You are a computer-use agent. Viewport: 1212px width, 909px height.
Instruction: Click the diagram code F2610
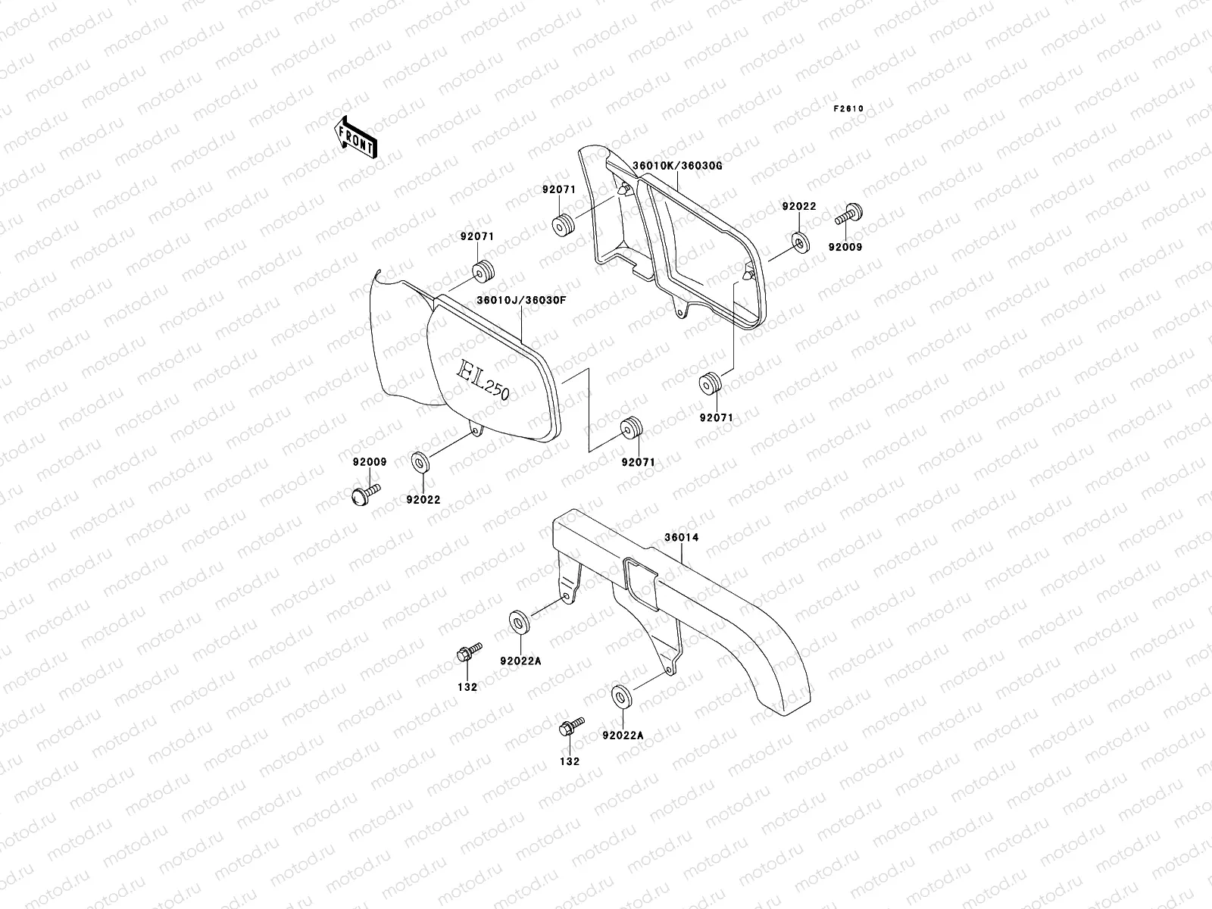click(848, 108)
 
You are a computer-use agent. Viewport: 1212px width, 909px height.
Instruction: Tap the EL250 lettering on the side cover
click(483, 379)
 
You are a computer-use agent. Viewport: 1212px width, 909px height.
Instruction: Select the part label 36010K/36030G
click(672, 165)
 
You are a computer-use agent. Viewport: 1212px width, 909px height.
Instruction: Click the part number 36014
click(681, 538)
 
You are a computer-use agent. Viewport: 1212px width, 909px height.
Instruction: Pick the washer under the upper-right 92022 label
click(800, 242)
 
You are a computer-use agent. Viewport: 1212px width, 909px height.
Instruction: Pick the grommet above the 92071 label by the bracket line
click(630, 429)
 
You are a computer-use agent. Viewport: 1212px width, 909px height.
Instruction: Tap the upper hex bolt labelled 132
click(467, 653)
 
